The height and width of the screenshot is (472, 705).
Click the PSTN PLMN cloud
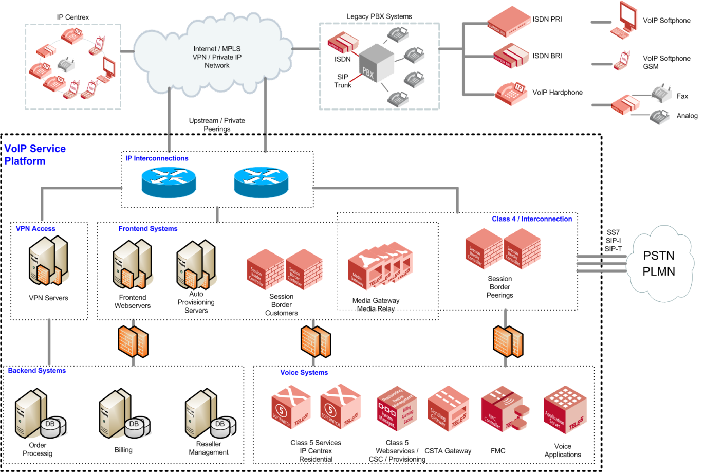659,263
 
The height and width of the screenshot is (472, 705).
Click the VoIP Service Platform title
35,155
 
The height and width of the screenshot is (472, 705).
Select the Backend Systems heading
37,371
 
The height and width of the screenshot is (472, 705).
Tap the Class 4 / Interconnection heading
532,219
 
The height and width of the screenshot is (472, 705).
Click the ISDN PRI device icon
509,22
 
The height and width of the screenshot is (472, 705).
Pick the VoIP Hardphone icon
511,93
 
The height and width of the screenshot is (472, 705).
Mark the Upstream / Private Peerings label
217,124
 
